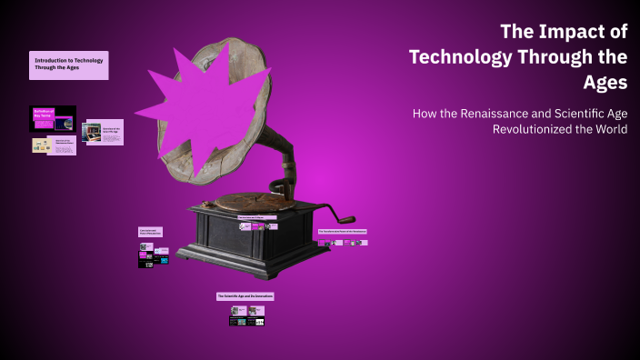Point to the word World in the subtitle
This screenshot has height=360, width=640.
[606, 129]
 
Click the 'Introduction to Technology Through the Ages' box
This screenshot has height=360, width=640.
[68, 65]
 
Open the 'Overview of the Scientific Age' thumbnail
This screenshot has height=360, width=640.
[102, 132]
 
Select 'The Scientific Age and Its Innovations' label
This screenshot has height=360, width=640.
[245, 296]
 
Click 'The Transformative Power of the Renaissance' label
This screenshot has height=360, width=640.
[342, 232]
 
